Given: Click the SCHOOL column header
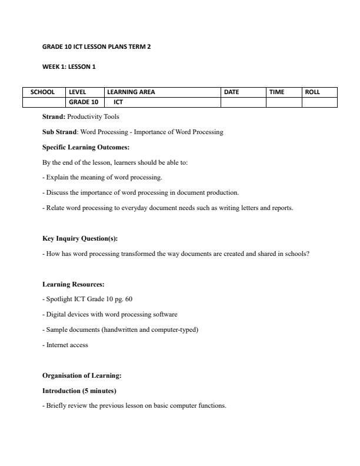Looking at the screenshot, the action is tap(42, 92).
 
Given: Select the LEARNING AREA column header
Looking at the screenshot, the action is tap(131, 92).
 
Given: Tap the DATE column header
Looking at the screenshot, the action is tap(232, 92).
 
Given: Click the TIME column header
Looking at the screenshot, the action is tap(276, 92).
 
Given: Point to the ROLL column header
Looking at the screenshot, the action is tap(312, 92).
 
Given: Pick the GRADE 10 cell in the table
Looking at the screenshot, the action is tap(84, 102).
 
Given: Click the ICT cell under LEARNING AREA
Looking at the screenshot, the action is tap(118, 102).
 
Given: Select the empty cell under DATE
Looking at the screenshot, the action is tap(243, 102).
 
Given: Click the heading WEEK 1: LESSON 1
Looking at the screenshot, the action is tap(69, 66).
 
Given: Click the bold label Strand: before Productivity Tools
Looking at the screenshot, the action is tap(54, 117).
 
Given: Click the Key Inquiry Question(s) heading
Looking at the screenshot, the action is tap(80, 238).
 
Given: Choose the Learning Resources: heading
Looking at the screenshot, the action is tap(73, 284).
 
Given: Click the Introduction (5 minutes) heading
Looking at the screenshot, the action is tap(79, 391).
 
